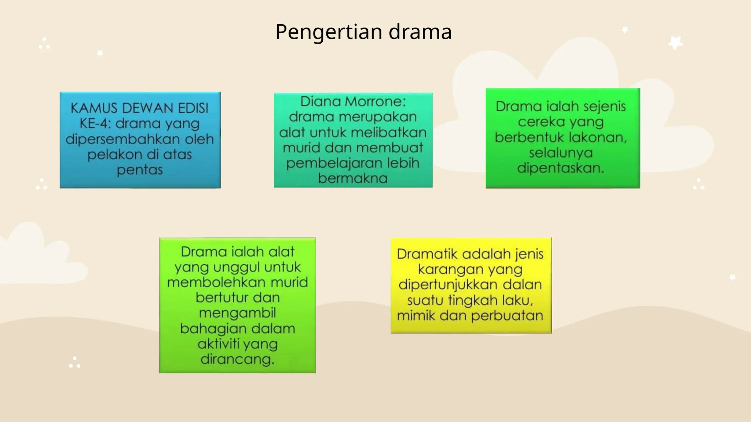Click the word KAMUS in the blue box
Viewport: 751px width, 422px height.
click(x=94, y=108)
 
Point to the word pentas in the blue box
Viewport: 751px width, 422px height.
click(x=140, y=170)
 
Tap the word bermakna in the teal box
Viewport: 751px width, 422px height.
click(x=353, y=178)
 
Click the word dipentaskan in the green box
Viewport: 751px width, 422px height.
click(x=560, y=168)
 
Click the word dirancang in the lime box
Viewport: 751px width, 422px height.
click(x=237, y=359)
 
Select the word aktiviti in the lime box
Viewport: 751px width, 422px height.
click(x=219, y=344)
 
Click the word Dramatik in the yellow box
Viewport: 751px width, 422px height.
click(x=427, y=254)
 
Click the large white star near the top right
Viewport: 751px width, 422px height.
click(x=675, y=42)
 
